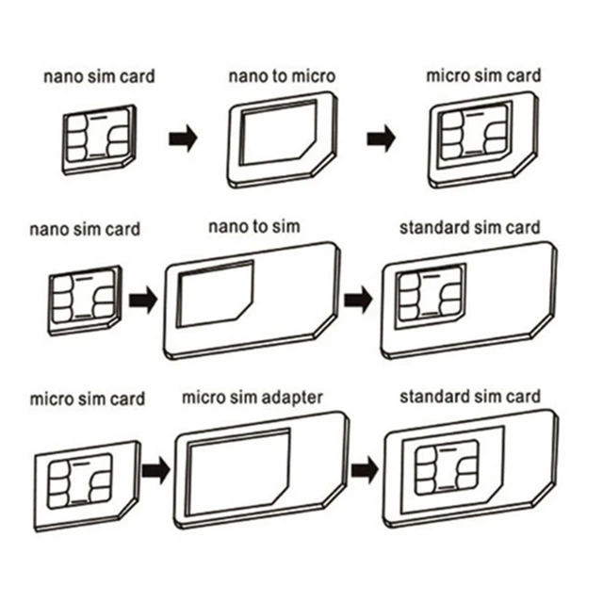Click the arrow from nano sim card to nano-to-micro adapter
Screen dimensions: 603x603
click(x=183, y=139)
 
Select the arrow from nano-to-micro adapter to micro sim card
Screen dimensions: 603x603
click(x=382, y=139)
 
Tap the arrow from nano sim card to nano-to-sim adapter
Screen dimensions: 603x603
click(x=142, y=301)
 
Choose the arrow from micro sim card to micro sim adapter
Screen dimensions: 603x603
click(x=155, y=467)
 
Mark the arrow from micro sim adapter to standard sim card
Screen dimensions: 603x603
click(x=365, y=467)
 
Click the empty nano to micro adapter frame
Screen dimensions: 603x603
click(x=280, y=139)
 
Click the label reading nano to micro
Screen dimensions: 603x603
click(x=280, y=75)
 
